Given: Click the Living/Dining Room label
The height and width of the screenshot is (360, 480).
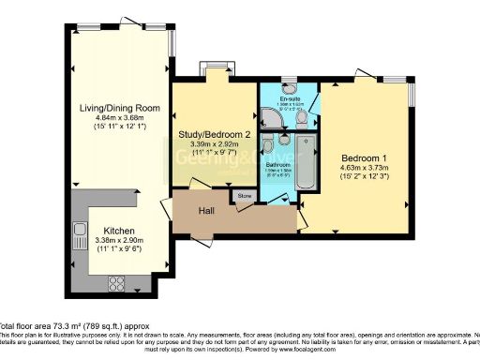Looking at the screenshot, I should point(121,108).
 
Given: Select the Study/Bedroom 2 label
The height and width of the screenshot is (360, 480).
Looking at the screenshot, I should point(215,135).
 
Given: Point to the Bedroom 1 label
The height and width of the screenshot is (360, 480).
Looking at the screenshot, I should point(361,157).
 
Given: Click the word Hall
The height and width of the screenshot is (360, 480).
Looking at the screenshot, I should point(209,212).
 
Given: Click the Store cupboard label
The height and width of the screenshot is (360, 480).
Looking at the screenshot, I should point(245,196).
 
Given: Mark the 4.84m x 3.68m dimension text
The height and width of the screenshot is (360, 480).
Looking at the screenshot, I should point(121,118).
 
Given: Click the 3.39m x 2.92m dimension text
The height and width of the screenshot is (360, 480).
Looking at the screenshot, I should point(215,145).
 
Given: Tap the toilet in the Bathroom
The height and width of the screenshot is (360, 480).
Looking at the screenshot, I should point(269,145).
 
